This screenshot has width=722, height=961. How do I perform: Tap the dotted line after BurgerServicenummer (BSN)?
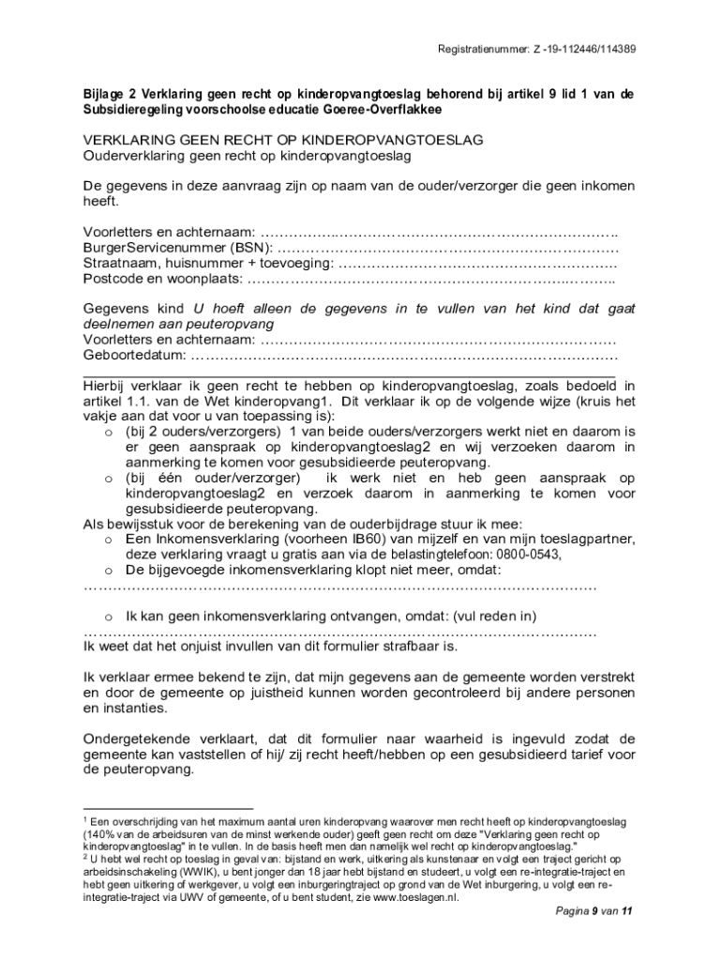(448, 248)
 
